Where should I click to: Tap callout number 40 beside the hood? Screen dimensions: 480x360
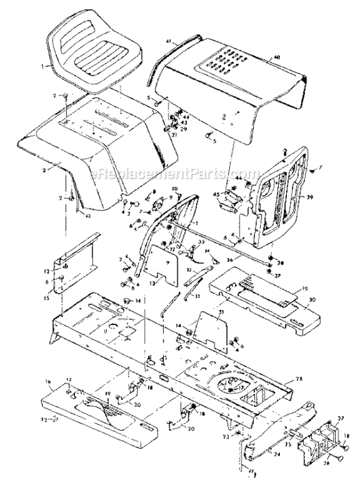[277, 58]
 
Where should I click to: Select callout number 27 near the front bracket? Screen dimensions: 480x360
[341, 419]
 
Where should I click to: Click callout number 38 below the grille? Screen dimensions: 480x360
[281, 262]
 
